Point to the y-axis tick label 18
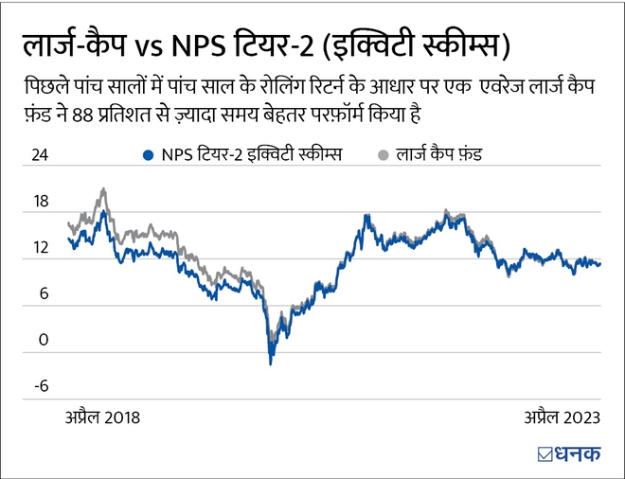(x=39, y=202)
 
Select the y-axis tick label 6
(x=43, y=293)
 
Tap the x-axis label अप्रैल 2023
(x=562, y=416)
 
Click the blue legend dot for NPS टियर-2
(x=146, y=154)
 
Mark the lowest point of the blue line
(x=271, y=364)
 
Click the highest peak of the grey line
(x=102, y=189)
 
